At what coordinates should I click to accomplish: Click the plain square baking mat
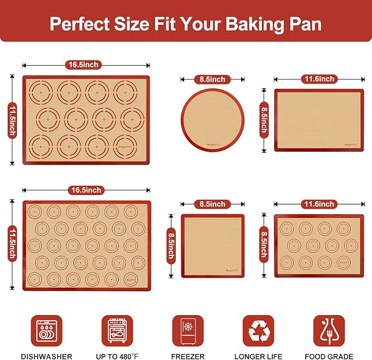[213, 245]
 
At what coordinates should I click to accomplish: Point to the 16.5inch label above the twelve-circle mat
[83, 65]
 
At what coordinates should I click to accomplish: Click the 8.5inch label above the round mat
[212, 79]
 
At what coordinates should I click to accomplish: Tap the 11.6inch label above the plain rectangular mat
[319, 79]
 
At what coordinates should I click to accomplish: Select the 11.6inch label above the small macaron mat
[319, 204]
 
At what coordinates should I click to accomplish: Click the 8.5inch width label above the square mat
[212, 204]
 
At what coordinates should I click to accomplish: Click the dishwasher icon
[47, 330]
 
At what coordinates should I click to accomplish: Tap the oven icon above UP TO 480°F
[117, 330]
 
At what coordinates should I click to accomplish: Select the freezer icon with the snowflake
[188, 330]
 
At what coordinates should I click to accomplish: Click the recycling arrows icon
[258, 330]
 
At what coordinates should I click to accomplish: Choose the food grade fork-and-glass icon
[329, 330]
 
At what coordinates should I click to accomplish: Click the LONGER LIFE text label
[258, 356]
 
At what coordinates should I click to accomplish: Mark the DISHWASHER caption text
[47, 356]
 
